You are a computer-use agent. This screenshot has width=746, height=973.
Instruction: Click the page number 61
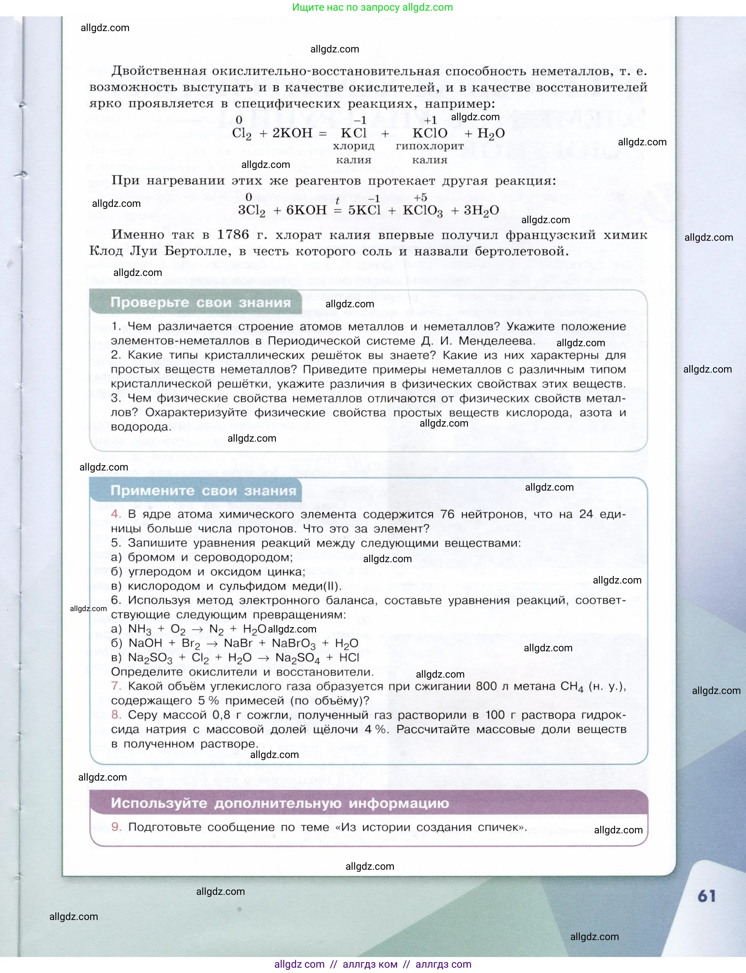point(706,896)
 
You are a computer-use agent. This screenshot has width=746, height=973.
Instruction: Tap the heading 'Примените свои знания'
point(203,491)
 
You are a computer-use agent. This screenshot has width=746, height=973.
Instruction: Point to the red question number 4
point(116,514)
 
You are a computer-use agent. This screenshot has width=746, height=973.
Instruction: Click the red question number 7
point(116,686)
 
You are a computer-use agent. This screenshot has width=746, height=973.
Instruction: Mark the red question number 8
point(116,715)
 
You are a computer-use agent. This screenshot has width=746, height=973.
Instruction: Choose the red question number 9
point(116,827)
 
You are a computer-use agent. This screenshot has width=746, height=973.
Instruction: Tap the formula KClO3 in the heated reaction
point(423,211)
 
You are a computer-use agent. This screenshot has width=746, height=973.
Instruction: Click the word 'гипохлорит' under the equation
point(429,146)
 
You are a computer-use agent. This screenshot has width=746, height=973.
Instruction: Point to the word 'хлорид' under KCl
point(353,146)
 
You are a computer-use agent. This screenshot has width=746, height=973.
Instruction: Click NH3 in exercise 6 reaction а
point(139,630)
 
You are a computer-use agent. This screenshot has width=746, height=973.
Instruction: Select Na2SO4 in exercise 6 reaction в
point(297,658)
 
